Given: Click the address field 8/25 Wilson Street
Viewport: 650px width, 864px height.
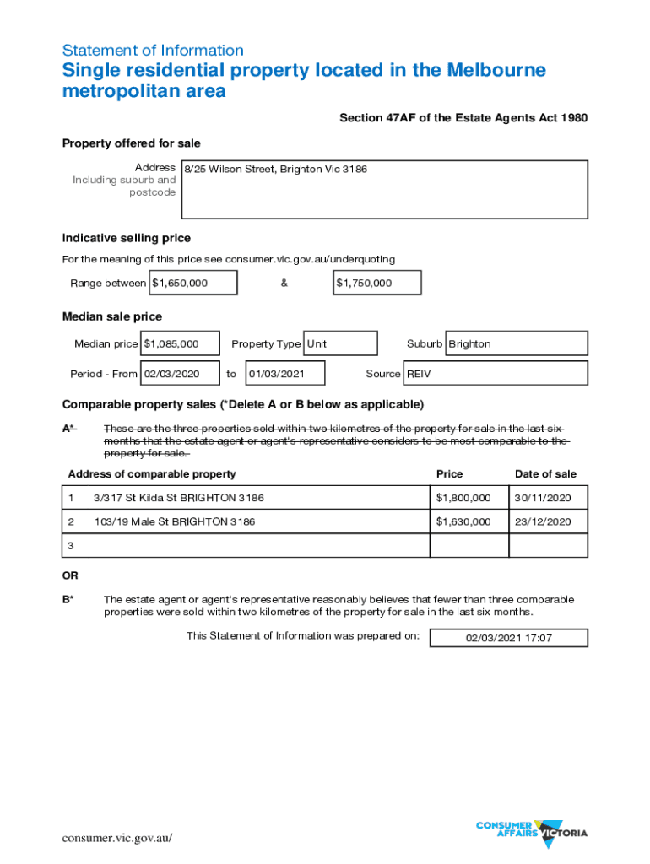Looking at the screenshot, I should [x=383, y=189].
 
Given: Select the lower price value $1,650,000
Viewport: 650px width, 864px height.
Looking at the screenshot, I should [x=193, y=283].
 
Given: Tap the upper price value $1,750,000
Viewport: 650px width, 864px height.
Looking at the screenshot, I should [x=377, y=283].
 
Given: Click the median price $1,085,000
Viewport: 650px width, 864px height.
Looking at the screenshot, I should [x=181, y=343].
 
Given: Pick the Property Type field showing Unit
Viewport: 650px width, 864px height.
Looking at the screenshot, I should [x=339, y=343].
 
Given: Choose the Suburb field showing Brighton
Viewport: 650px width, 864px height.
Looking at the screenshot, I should [x=516, y=343].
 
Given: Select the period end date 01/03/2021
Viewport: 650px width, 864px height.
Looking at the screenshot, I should [x=284, y=373].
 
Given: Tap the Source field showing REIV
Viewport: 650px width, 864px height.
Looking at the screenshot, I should [x=496, y=373].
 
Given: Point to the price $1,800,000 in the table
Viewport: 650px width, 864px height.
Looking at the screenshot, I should [x=463, y=498].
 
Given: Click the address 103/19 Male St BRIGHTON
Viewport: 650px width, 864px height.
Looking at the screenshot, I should [x=174, y=521].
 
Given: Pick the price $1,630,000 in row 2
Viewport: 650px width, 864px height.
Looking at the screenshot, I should [x=463, y=521].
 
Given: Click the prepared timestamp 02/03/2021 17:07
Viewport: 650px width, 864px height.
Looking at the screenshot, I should [x=509, y=638].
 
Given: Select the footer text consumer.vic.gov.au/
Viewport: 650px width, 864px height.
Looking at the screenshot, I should [x=117, y=838].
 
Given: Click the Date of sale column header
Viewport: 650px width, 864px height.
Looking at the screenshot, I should [x=545, y=474].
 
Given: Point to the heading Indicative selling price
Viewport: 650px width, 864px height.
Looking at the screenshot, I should [x=127, y=238].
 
